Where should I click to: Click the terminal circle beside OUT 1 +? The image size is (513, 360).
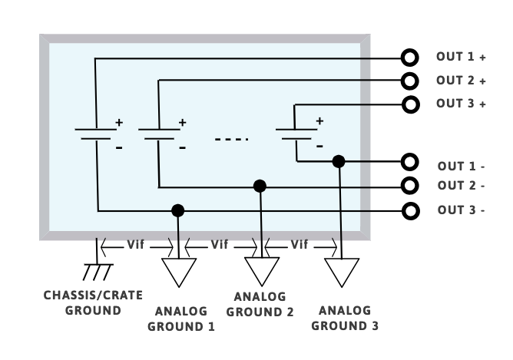point(411,57)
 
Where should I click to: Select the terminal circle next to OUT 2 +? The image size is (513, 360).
point(411,80)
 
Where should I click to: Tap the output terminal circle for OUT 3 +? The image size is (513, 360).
point(411,104)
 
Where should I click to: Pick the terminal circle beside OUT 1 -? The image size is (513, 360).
point(411,162)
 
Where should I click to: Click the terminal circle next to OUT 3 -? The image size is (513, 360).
point(411,210)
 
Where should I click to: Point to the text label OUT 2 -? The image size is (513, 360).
point(461,186)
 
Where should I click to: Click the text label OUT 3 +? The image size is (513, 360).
point(461,104)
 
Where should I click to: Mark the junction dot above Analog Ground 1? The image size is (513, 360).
point(178,210)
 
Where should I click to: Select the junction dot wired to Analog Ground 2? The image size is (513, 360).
point(260,186)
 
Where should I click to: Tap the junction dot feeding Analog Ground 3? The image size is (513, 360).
point(338,162)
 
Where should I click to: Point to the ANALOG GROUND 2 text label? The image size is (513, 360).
point(260,304)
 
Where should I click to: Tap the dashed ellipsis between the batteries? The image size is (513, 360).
point(231,140)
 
